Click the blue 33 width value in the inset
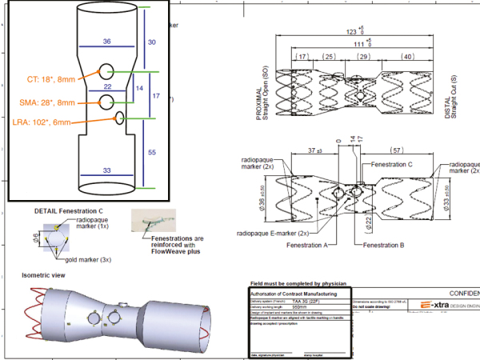[106, 170]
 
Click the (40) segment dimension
[407, 58]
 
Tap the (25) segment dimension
[327, 58]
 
